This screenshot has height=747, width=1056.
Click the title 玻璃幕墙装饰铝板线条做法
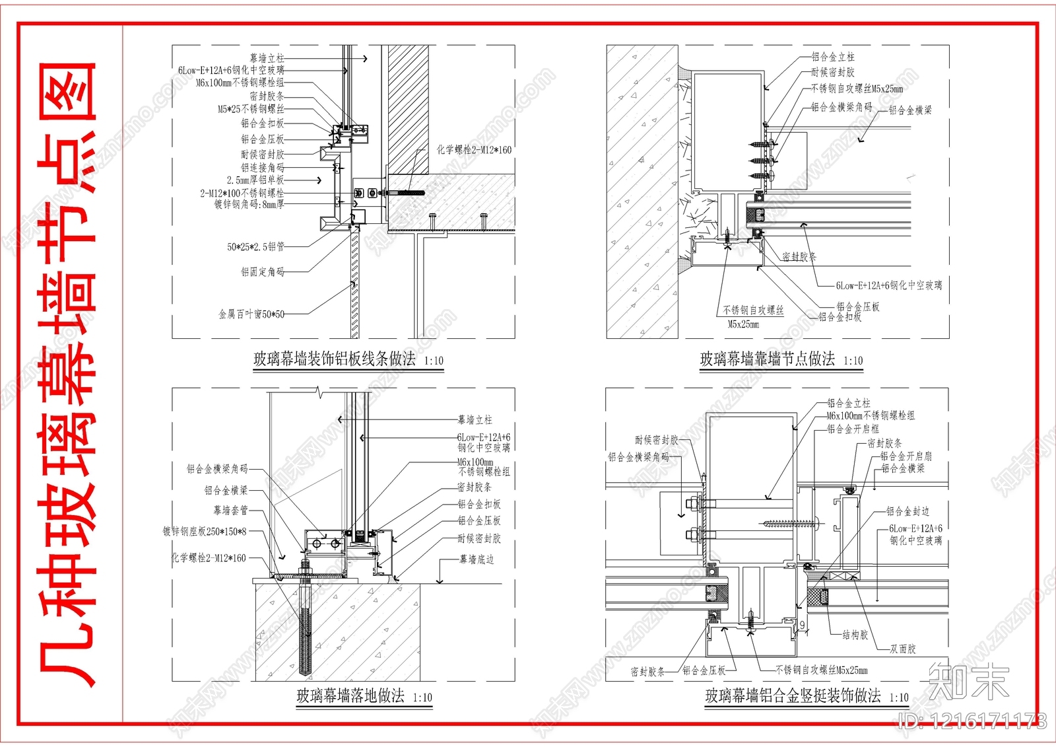coord(335,359)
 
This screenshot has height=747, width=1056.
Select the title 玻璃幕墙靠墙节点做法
coord(767,359)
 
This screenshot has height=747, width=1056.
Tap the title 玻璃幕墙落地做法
coord(350,695)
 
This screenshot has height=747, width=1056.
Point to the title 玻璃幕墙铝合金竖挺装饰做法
coord(793,695)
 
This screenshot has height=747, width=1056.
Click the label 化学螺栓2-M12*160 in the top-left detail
coord(473,150)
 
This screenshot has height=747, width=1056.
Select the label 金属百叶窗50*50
coord(251,314)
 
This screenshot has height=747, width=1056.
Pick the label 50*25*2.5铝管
coord(255,247)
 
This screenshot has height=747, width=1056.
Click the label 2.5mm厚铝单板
coord(255,180)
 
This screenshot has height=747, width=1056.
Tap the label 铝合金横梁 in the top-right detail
coord(910,110)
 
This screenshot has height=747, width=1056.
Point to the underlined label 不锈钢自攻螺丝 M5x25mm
coord(752,316)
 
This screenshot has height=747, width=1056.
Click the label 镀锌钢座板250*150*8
coord(205,531)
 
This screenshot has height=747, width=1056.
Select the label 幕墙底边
coord(477,559)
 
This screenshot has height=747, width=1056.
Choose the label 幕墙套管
coord(230,510)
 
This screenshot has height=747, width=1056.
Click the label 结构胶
coord(855,635)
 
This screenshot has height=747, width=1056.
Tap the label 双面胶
coord(902,649)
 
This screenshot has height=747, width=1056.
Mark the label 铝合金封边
coord(907,511)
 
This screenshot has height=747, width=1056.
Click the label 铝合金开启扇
coord(906,456)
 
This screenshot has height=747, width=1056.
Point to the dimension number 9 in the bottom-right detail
coord(803,625)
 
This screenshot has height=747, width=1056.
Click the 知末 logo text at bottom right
coord(969,681)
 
